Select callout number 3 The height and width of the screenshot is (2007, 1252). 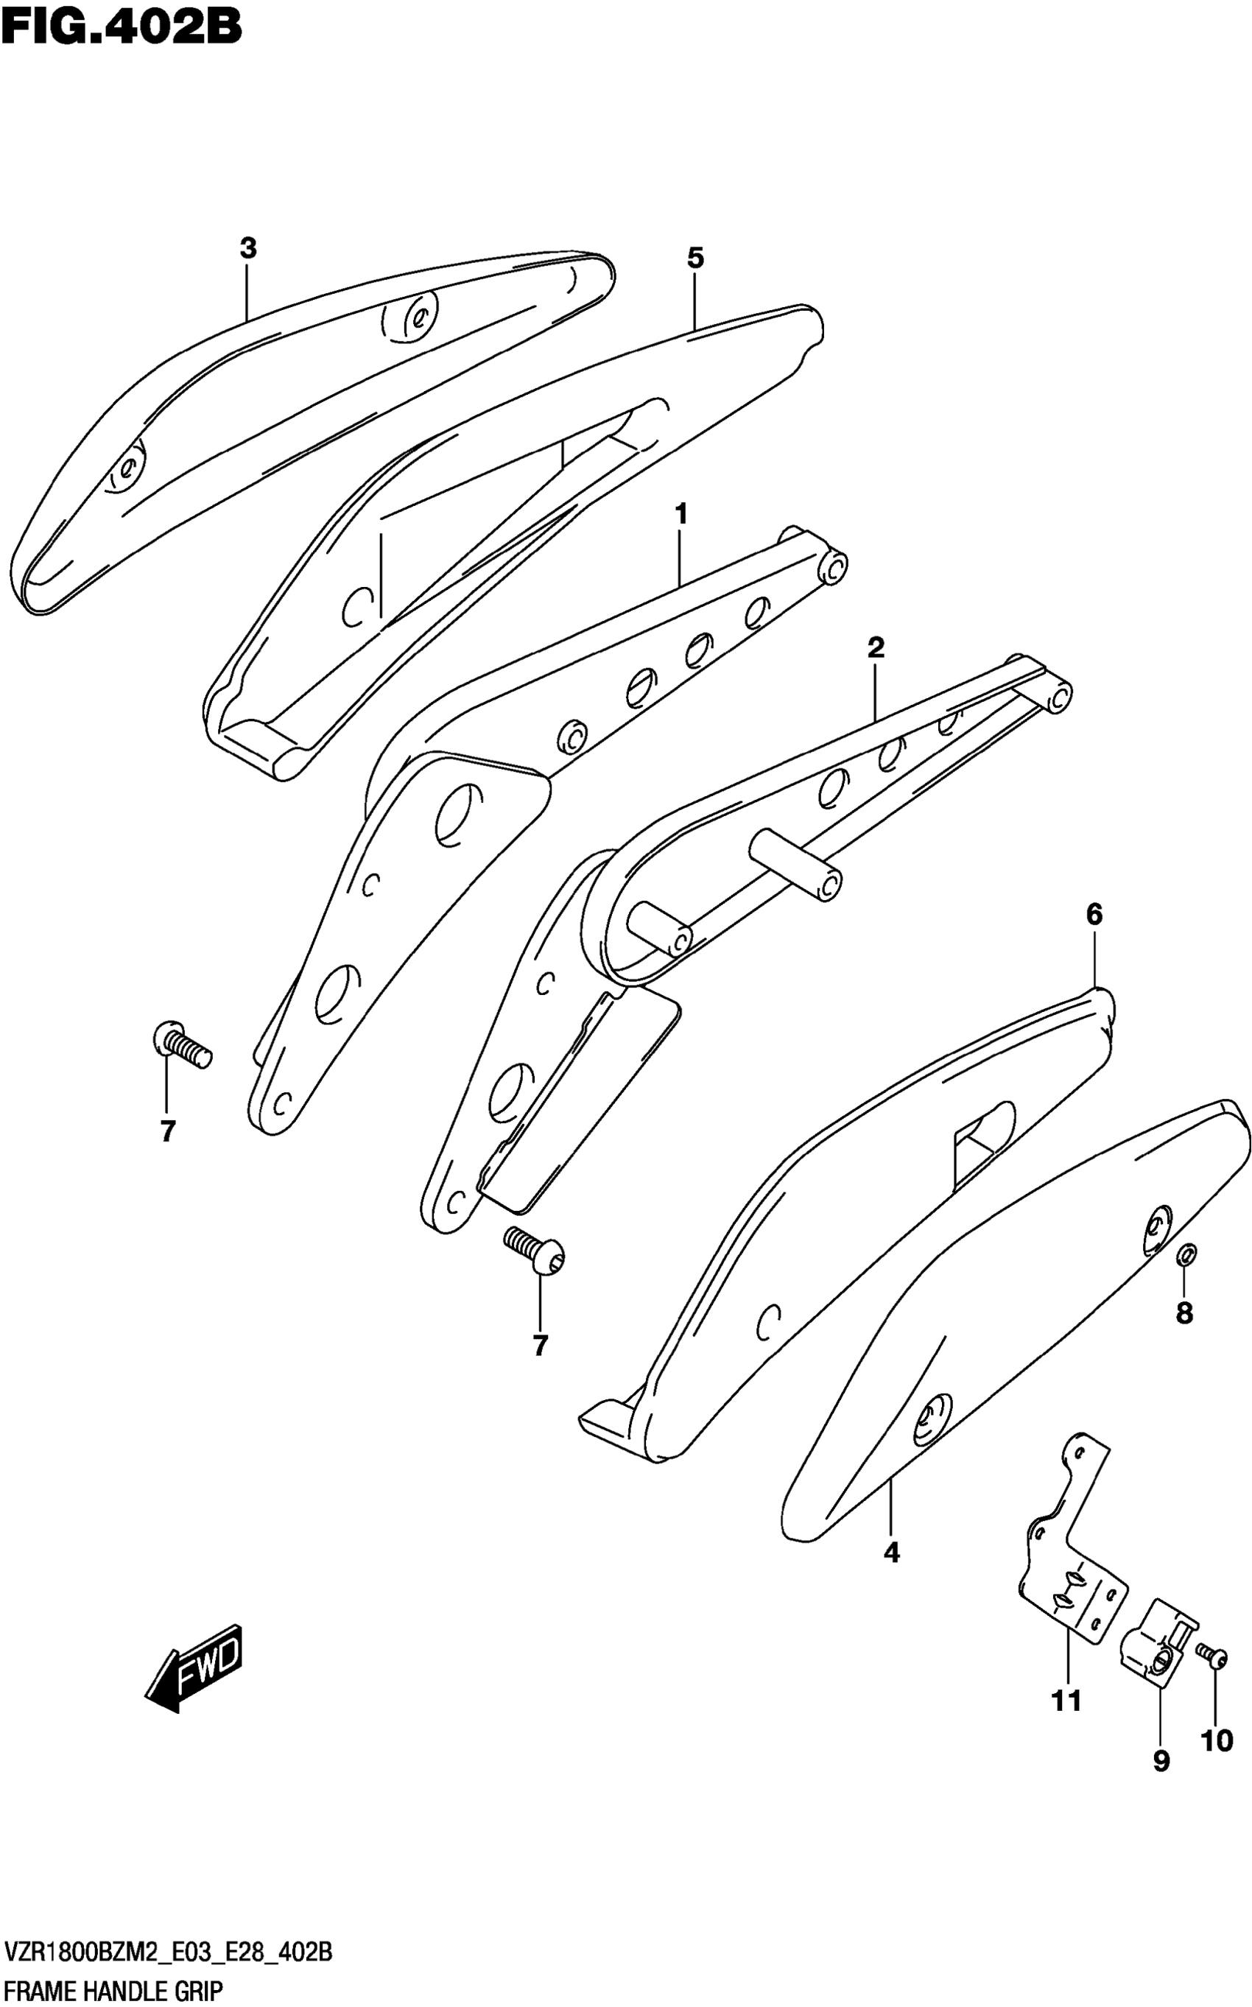(x=248, y=248)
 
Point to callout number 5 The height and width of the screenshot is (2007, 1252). (x=695, y=259)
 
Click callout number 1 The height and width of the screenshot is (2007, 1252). (x=680, y=514)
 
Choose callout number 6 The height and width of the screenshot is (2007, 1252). (x=1094, y=915)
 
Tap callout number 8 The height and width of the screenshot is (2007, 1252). (x=1185, y=1312)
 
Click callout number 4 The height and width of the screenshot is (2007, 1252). (x=891, y=1553)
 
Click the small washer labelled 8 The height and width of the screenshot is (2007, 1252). (x=1185, y=1255)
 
